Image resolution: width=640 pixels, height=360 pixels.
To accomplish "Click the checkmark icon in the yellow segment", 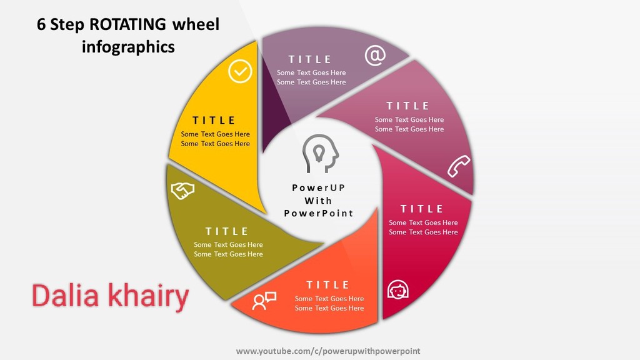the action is click(240, 71).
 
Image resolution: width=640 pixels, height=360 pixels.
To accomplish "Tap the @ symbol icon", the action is click(375, 55).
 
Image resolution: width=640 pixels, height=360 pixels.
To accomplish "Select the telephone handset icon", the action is click(459, 166).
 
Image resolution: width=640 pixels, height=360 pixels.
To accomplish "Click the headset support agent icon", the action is click(397, 290).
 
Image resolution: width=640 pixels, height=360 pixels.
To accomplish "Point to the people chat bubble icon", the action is click(264, 301).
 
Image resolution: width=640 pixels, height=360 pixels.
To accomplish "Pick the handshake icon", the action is click(182, 191).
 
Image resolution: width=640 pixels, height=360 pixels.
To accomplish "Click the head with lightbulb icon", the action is click(321, 154).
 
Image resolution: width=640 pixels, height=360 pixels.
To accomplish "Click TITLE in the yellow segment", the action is click(214, 121).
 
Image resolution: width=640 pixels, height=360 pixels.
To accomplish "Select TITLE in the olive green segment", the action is click(227, 231).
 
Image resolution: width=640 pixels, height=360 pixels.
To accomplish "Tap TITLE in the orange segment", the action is click(328, 285).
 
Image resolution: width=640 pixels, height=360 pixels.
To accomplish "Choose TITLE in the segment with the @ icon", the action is click(310, 59).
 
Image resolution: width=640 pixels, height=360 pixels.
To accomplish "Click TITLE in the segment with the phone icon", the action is click(408, 106).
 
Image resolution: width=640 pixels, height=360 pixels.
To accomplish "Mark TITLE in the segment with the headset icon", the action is click(422, 209).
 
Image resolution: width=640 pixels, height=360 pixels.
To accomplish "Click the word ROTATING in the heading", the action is click(127, 24).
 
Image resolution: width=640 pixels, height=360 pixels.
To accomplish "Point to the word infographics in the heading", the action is click(128, 46).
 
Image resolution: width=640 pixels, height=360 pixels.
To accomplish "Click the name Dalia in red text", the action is click(65, 296).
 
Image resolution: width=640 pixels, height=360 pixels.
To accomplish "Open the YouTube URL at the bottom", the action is click(328, 351).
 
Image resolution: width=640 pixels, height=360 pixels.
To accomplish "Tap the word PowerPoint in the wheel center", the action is click(318, 213).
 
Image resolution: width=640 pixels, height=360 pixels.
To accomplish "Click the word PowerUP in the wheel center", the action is click(318, 187).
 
